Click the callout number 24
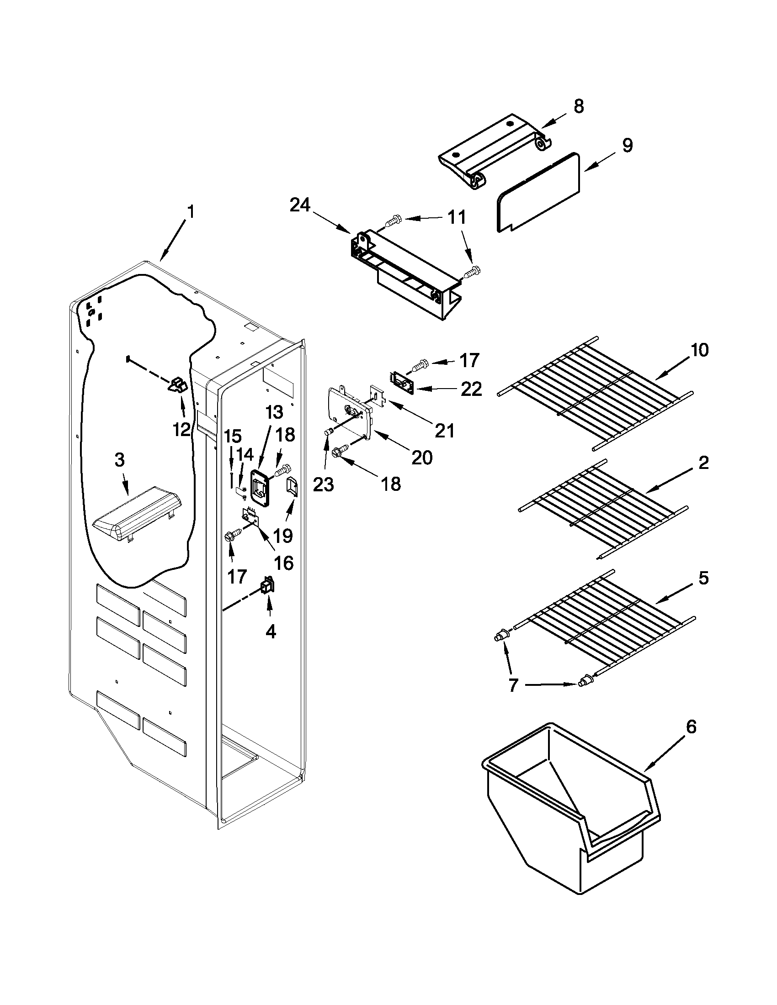pos(300,205)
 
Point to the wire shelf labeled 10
pos(594,391)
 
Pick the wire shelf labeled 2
pos(603,509)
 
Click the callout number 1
pos(191,212)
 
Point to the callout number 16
pos(284,563)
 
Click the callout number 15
pos(233,435)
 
